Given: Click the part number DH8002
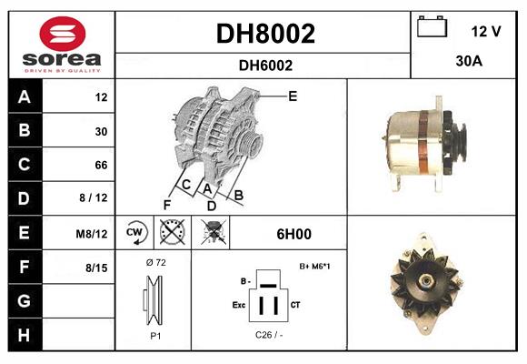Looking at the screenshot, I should coord(264,35).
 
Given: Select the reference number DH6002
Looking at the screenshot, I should coord(264,65).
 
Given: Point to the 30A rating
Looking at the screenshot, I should coord(468,63).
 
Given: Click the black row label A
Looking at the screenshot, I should coord(24,97).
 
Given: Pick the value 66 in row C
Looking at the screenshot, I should coord(101,166).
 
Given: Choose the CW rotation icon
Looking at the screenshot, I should coord(135,233).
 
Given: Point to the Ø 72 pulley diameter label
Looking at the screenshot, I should coord(154,262).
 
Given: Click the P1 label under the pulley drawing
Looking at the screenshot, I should coord(154,335).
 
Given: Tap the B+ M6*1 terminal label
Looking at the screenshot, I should coord(314,267).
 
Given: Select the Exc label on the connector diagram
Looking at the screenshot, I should coord(239,305).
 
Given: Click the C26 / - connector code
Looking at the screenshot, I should coord(270,335).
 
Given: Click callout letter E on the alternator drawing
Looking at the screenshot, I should coord(293,96).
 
